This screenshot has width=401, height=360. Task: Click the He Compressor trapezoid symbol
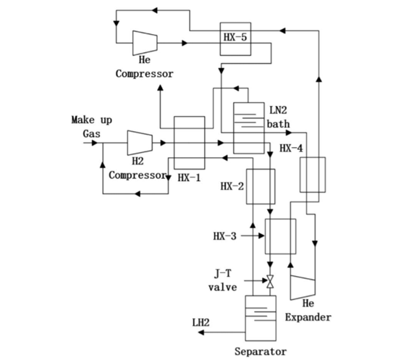tap(145, 43)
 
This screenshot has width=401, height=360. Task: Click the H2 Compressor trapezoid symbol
tap(140, 143)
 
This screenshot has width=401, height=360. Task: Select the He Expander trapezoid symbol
tap(303, 288)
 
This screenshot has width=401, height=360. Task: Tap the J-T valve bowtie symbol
tap(270, 282)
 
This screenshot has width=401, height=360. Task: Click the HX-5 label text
tap(235, 38)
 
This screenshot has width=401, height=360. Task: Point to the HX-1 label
tap(189, 177)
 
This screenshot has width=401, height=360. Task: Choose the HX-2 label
tap(232, 187)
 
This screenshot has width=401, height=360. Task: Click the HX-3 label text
tap(225, 236)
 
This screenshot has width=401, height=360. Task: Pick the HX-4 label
tap(291, 148)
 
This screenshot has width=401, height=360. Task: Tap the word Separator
tap(261, 351)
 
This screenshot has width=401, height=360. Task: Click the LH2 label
tap(200, 322)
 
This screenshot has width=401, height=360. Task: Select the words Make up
tap(92, 120)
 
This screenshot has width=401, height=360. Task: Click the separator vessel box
tap(261, 318)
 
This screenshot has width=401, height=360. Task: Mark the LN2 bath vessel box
tap(249, 128)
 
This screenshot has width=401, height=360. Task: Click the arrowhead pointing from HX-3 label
tap(261, 236)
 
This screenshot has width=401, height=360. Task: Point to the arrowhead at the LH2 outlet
tap(201, 332)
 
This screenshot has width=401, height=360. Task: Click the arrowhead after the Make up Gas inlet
tap(95, 143)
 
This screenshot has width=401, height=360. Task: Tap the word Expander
tap(308, 317)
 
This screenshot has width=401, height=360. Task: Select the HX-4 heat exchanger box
tap(313, 175)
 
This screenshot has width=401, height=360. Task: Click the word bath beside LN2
tap(278, 124)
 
